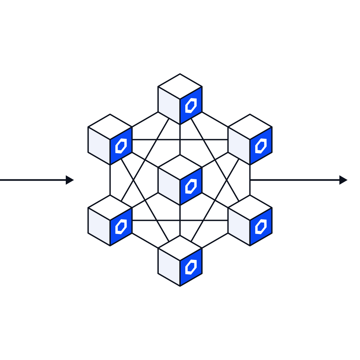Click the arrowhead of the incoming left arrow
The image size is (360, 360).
point(69,180)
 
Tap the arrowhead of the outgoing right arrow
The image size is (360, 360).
point(343,180)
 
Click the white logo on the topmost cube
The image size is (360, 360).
point(191,105)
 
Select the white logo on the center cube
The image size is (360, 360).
point(191,186)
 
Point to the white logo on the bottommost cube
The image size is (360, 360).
point(191,267)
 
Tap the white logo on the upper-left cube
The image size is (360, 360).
point(121,146)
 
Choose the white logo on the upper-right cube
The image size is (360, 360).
point(261,146)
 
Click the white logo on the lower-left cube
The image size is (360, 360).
point(121,226)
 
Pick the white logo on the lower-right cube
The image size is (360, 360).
point(261,226)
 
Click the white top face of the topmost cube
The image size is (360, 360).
point(180,86)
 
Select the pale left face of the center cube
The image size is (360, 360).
point(169,186)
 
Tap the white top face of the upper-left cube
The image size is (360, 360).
point(110,127)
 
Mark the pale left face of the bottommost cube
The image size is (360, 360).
point(169,267)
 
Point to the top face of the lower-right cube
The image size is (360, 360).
point(250,207)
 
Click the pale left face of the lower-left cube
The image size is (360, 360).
point(99,226)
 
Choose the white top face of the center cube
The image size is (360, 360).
point(180,167)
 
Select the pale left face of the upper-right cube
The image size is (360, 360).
point(239,146)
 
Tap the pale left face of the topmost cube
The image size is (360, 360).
point(169,105)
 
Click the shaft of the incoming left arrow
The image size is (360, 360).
point(33,180)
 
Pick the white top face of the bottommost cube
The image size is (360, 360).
point(180,248)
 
